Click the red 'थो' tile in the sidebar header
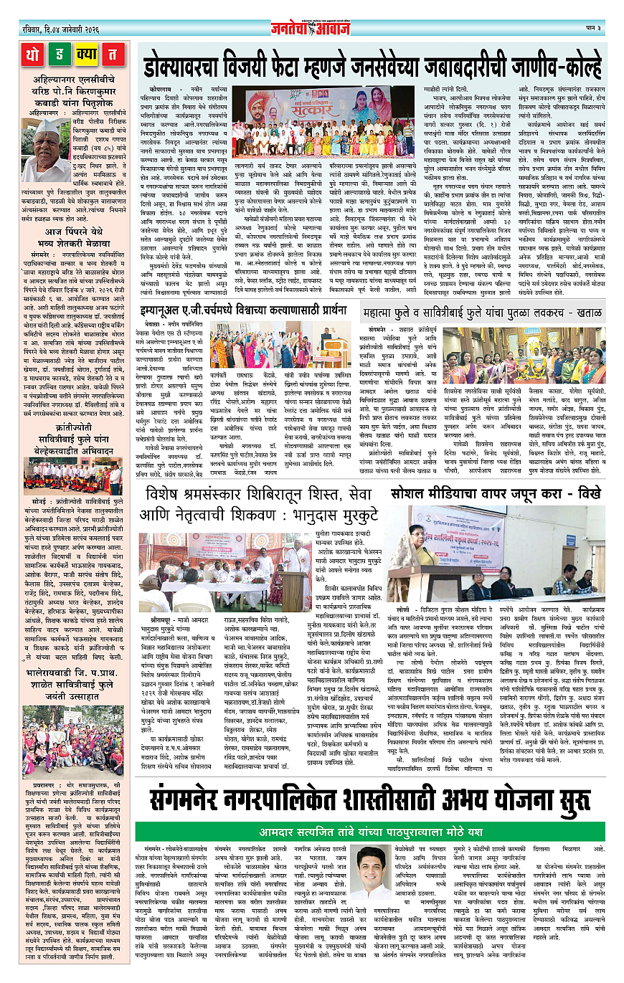tap(34, 54)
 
